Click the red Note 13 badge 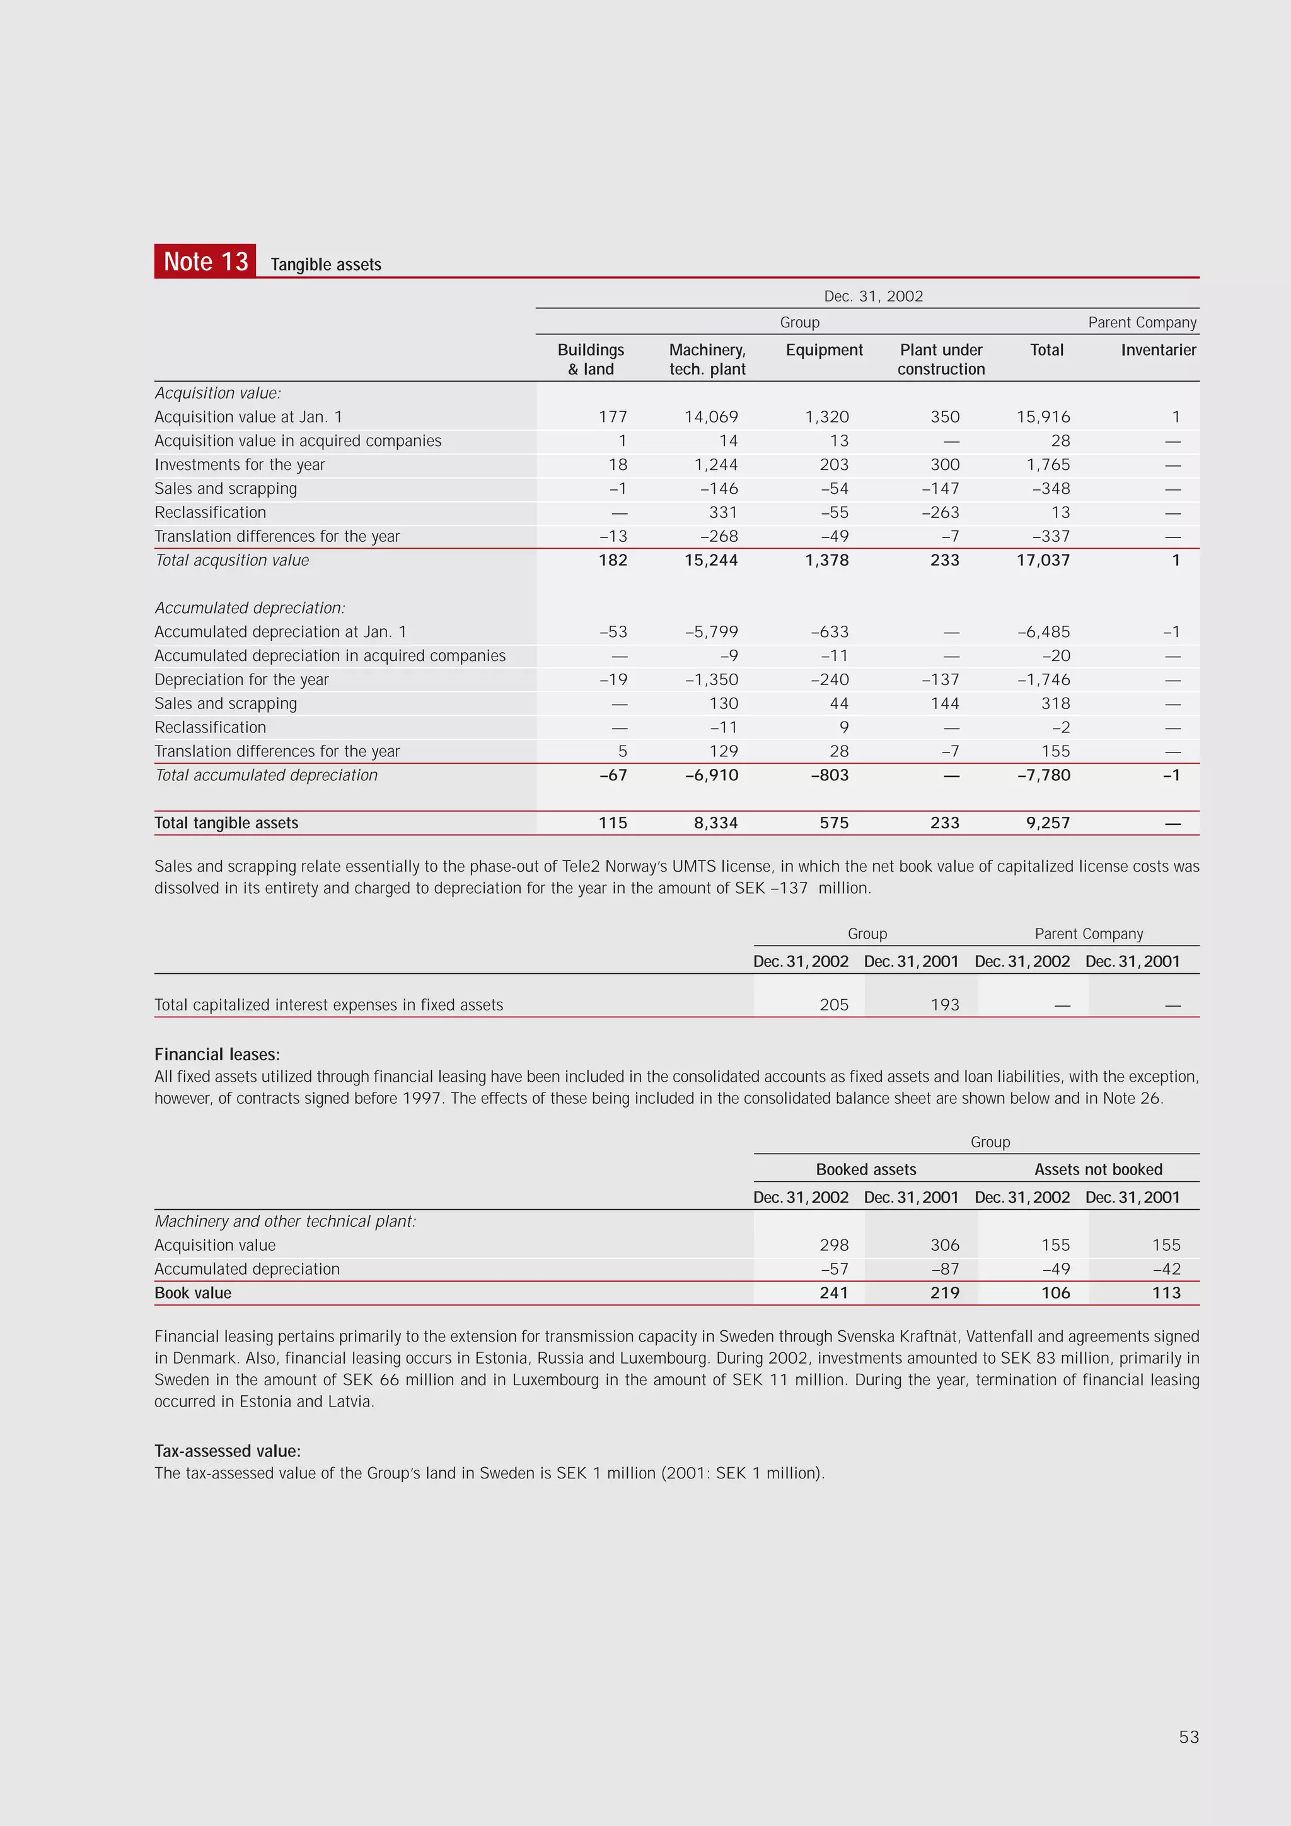(205, 261)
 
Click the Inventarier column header (1157, 350)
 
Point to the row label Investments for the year (240, 464)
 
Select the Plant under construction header (941, 359)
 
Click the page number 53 (1188, 1737)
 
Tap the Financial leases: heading (217, 1055)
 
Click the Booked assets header (865, 1169)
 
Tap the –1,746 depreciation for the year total (1043, 679)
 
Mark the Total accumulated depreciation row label (265, 775)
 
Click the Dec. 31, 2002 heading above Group (873, 296)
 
